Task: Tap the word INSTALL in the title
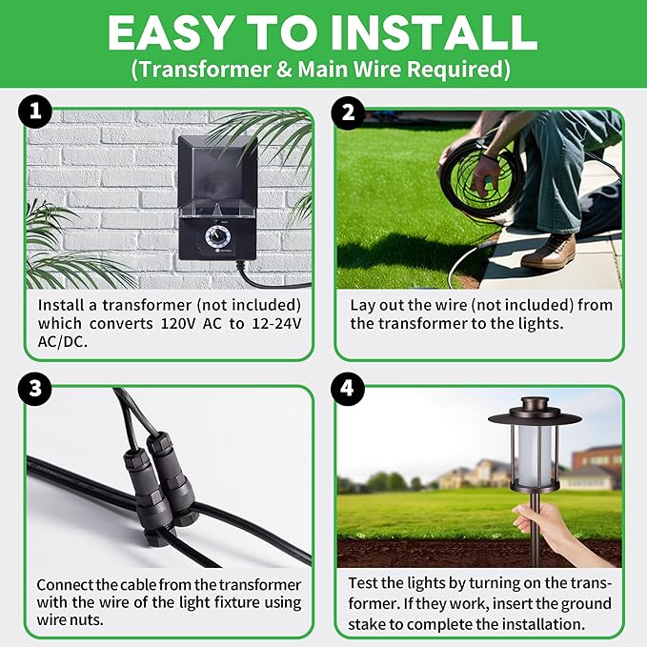[x=435, y=32]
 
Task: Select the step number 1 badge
[x=35, y=113]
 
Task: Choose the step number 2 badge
[x=347, y=113]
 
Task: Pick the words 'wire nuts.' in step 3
[x=73, y=620]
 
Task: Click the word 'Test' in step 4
[x=367, y=584]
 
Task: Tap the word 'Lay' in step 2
[x=365, y=305]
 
